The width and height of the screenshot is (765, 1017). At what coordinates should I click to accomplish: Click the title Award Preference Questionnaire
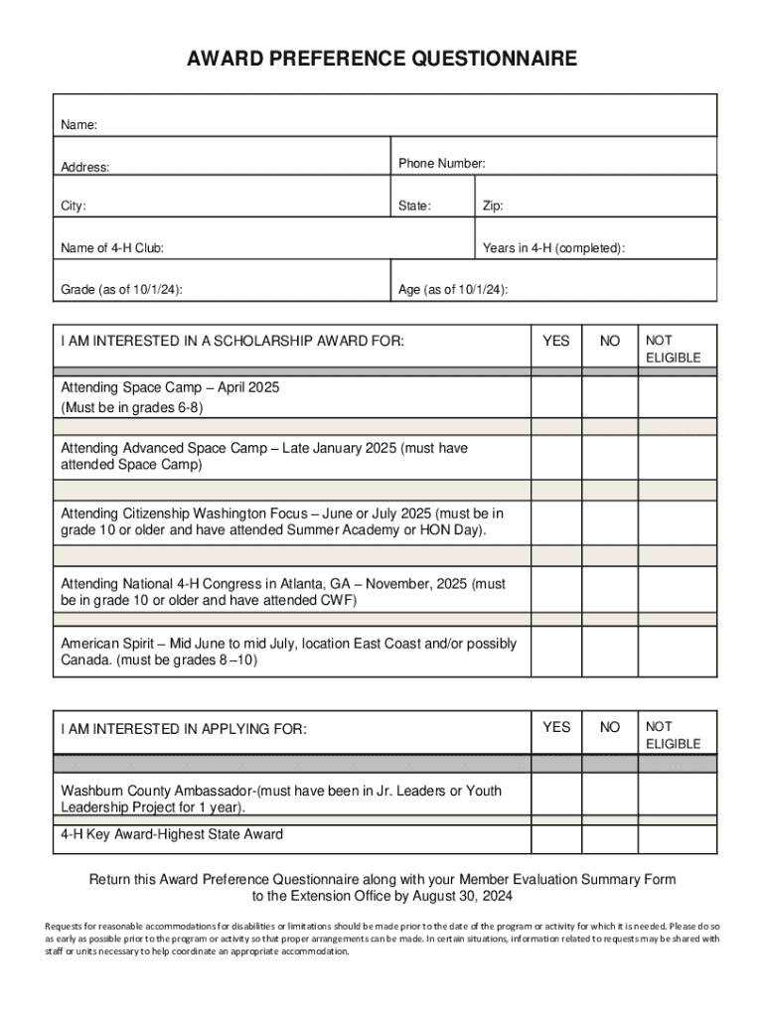(382, 60)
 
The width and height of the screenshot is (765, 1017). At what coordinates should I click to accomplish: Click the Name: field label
(79, 125)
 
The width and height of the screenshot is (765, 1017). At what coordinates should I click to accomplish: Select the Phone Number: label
(441, 163)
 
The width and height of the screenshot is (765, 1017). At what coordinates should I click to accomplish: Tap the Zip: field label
(493, 207)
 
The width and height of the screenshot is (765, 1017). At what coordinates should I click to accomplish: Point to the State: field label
(414, 207)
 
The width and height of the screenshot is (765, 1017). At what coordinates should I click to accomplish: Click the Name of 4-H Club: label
(112, 247)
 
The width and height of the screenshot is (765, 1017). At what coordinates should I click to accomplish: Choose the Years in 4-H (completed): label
(553, 247)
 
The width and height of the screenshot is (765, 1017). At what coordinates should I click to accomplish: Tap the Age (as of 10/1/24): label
(453, 289)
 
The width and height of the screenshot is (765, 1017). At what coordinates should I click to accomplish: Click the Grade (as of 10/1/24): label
(121, 289)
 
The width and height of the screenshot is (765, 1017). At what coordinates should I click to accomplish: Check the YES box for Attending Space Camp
(556, 397)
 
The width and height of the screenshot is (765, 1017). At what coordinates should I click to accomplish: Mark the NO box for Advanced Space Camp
(609, 457)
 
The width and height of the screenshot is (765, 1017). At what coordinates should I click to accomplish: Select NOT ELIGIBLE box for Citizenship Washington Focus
(676, 522)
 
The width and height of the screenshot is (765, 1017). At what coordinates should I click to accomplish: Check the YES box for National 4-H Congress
(556, 592)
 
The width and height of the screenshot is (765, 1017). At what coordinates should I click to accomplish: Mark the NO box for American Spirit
(609, 652)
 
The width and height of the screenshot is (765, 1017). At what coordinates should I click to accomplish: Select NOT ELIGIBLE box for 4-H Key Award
(676, 834)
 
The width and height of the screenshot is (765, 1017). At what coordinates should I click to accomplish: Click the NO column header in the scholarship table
(609, 341)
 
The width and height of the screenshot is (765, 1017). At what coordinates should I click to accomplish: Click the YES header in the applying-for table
(556, 727)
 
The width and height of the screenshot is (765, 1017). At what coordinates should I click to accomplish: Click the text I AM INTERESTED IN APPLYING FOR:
(184, 729)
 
